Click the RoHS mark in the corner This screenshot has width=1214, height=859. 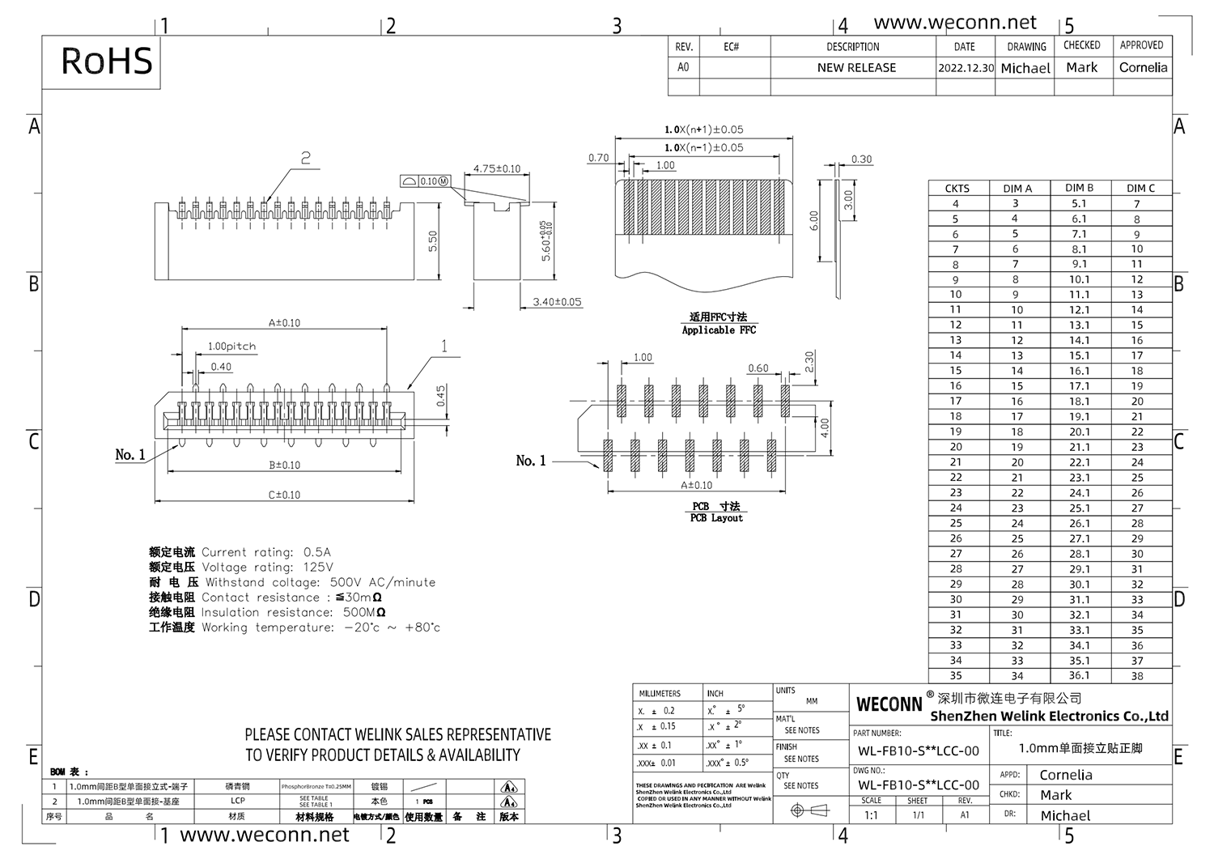pyautogui.click(x=106, y=62)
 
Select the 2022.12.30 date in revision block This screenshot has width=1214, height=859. pyautogui.click(x=966, y=68)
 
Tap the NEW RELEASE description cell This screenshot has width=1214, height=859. pyautogui.click(x=856, y=68)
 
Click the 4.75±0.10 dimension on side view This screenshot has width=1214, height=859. pyautogui.click(x=497, y=168)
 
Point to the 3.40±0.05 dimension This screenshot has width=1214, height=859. pyautogui.click(x=557, y=302)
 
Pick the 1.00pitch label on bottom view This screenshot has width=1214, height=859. pyautogui.click(x=231, y=347)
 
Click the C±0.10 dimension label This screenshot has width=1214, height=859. pyautogui.click(x=284, y=495)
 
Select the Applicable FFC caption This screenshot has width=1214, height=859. pyautogui.click(x=719, y=330)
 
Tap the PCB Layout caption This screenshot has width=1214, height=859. pyautogui.click(x=716, y=518)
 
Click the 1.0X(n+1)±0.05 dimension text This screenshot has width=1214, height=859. pyautogui.click(x=703, y=130)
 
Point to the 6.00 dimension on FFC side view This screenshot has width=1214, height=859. pyautogui.click(x=814, y=220)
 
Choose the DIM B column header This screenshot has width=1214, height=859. pyautogui.click(x=1079, y=188)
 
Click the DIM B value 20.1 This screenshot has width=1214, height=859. pyautogui.click(x=1079, y=432)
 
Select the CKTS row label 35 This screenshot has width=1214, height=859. pyautogui.click(x=956, y=676)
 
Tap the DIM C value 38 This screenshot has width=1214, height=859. pyautogui.click(x=1137, y=676)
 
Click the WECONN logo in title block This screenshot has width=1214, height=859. pyautogui.click(x=889, y=704)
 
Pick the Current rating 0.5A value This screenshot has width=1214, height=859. pyautogui.click(x=317, y=552)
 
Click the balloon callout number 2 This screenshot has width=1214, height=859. pyautogui.click(x=305, y=158)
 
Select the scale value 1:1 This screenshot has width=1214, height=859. pyautogui.click(x=872, y=815)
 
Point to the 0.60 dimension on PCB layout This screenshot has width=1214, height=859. pyautogui.click(x=758, y=368)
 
